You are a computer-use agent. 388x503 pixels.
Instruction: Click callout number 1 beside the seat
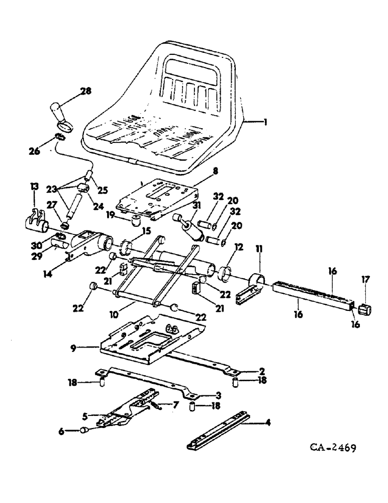tap(264, 121)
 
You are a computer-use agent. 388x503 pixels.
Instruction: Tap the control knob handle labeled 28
tap(59, 114)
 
